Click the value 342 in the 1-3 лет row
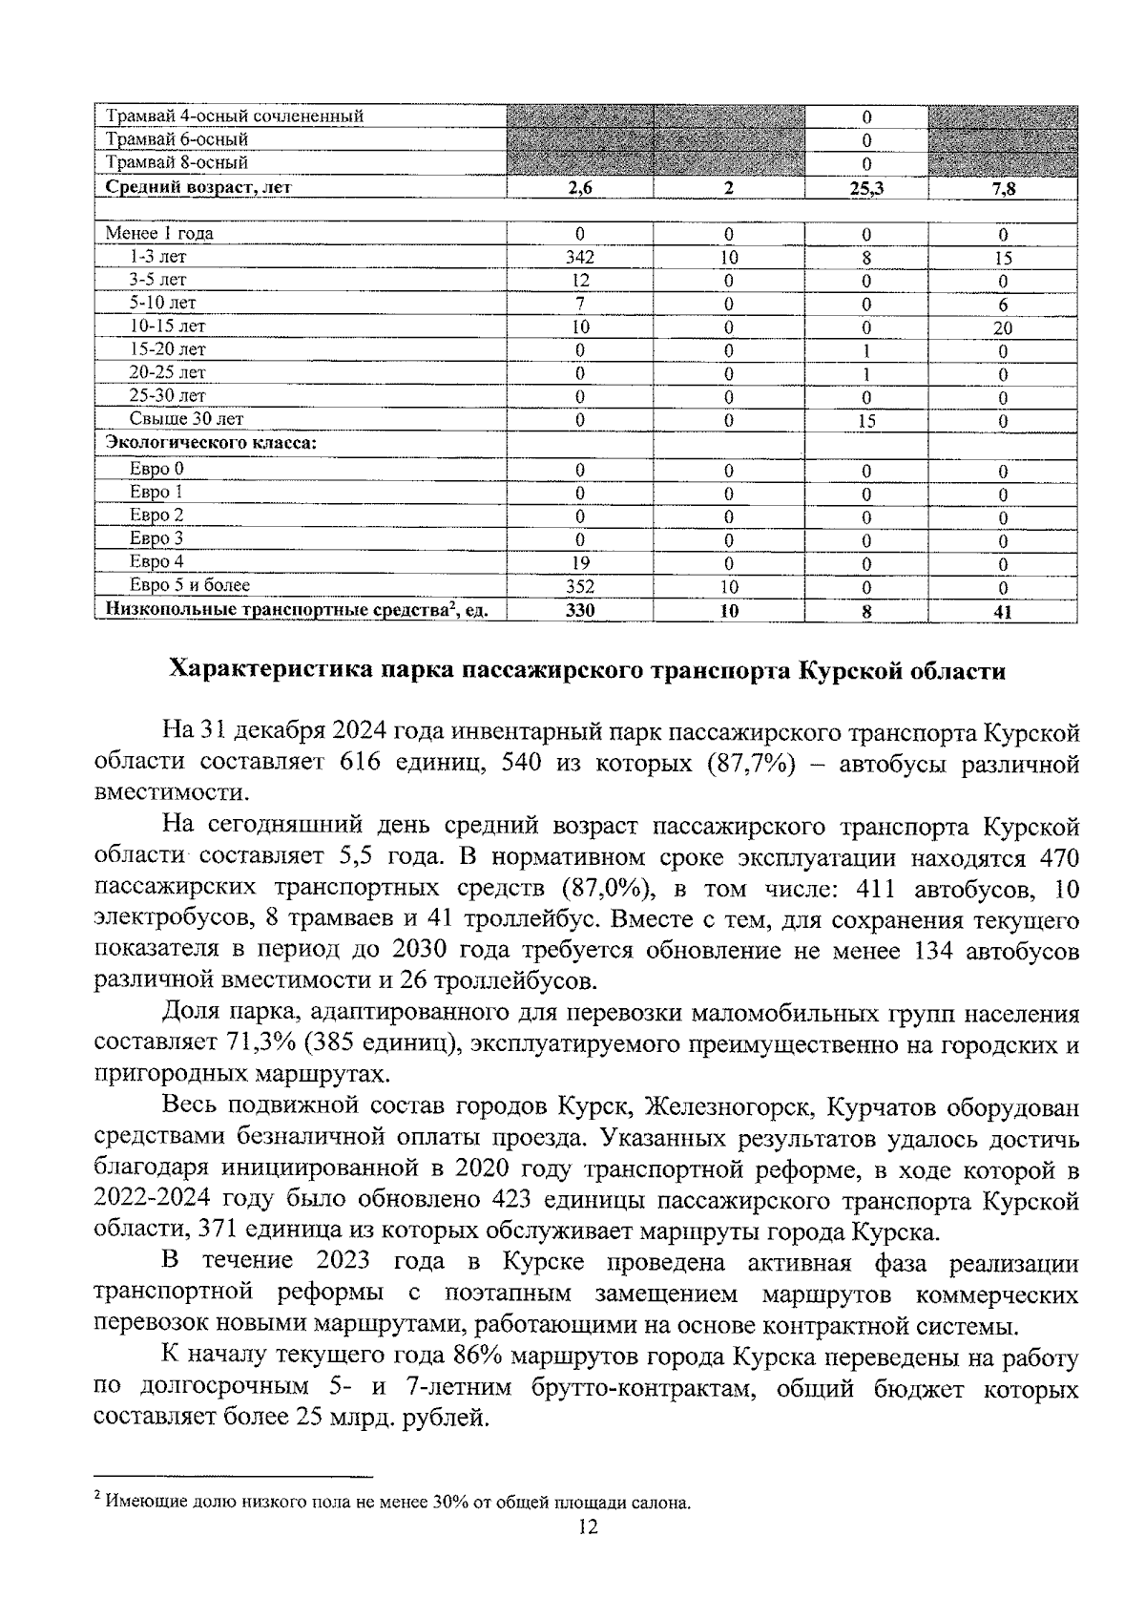click(x=579, y=258)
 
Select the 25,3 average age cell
click(x=866, y=189)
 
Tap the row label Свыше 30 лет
click(x=186, y=419)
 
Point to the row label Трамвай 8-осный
click(x=177, y=163)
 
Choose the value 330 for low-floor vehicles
click(x=579, y=611)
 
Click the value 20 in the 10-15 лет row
click(x=1003, y=327)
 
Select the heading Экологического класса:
click(x=211, y=443)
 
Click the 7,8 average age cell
click(x=1003, y=189)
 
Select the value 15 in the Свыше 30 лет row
click(x=866, y=420)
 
